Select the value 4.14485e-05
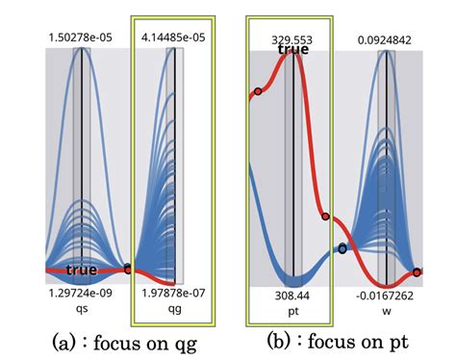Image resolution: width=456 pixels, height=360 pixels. click(174, 38)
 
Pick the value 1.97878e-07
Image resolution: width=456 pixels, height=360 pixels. click(174, 291)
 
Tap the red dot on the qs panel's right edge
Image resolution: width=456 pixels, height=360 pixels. click(128, 270)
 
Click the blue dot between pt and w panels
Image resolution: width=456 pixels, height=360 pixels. click(342, 249)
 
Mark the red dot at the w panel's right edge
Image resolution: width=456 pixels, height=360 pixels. click(418, 272)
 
